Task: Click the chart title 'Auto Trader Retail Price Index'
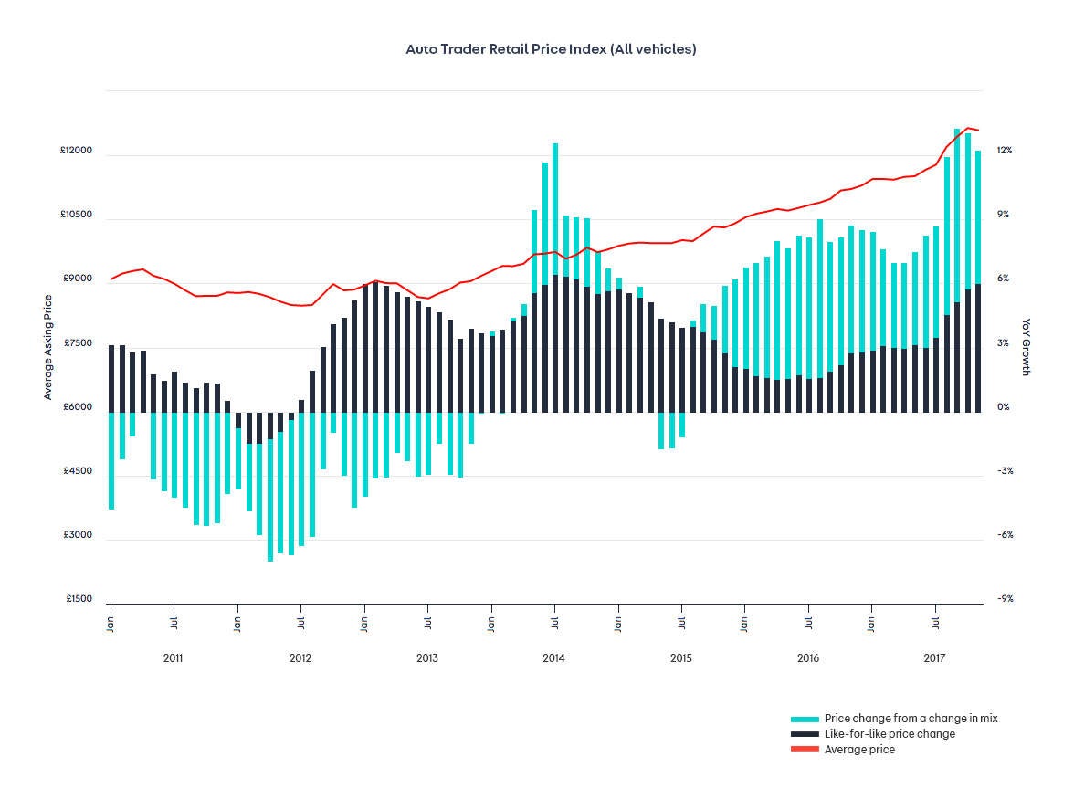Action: pos(551,49)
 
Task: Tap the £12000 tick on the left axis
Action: pos(77,151)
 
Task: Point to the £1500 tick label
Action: pos(79,599)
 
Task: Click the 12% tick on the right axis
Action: pos(1005,151)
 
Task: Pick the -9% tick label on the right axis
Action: pos(1005,599)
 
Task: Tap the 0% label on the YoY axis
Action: pos(1003,407)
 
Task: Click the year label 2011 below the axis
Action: pos(173,658)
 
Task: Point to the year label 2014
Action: pos(553,658)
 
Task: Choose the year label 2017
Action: pos(934,658)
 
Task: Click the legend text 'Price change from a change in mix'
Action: pos(911,719)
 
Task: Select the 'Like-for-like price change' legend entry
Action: pos(890,734)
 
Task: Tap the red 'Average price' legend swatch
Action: pos(805,750)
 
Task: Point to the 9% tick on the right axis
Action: pos(1003,215)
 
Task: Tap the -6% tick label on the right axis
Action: pos(1005,535)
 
